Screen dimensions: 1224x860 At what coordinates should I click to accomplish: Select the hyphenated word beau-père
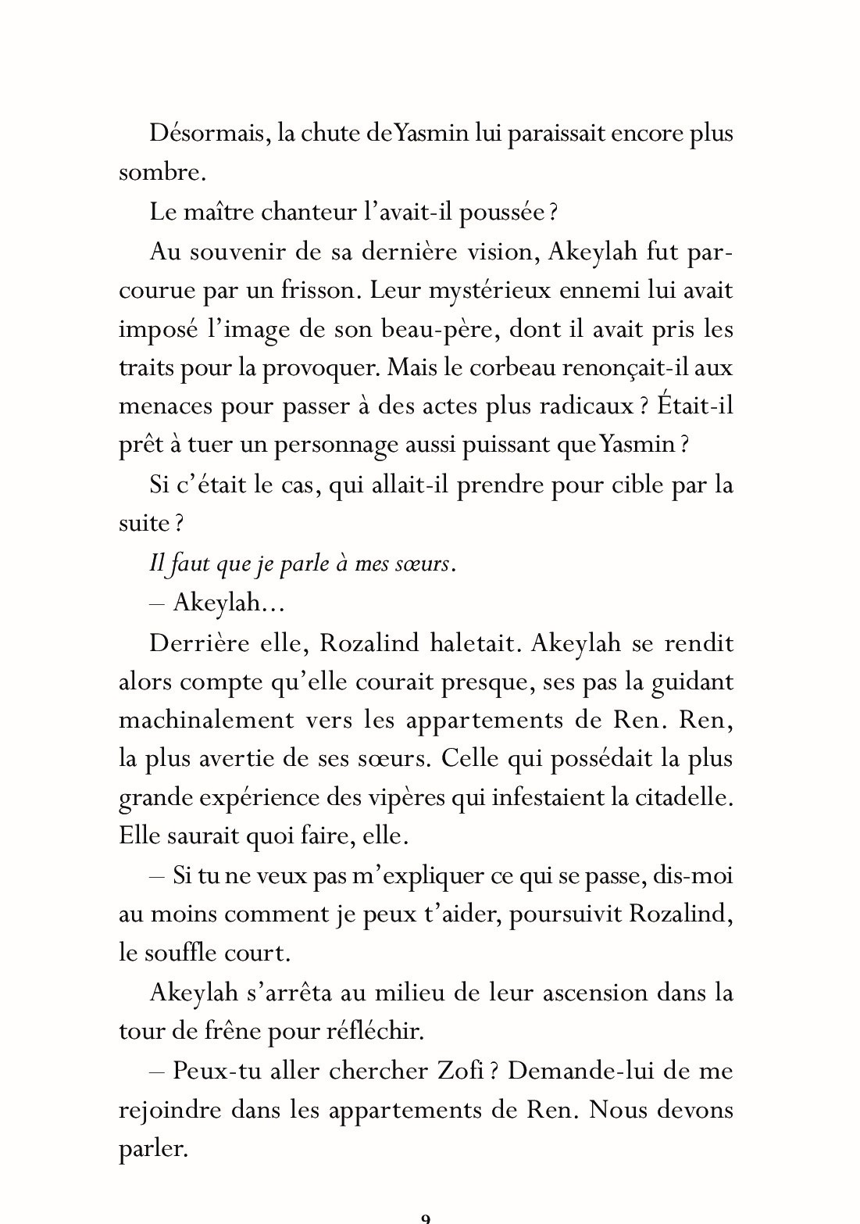440,329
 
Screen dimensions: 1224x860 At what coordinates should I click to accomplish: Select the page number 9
426,1218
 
